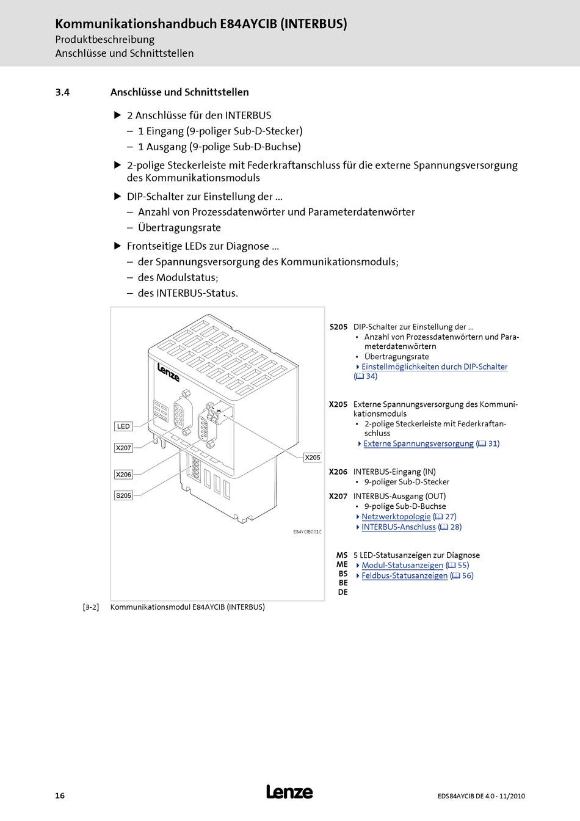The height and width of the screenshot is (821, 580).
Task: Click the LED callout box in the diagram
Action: coord(123,426)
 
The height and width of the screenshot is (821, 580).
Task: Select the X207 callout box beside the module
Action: coord(123,448)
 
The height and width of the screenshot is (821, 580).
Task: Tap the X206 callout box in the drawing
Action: coord(123,475)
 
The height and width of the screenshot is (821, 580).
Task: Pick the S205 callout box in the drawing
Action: coord(123,495)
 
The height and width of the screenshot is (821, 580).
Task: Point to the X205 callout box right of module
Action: coord(313,458)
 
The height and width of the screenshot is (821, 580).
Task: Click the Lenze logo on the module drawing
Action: coord(169,372)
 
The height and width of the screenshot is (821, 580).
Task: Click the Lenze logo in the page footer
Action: coord(289,792)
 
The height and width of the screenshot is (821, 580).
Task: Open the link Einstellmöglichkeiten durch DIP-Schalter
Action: coord(434,367)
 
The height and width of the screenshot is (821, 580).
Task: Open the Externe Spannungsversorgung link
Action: coord(418,443)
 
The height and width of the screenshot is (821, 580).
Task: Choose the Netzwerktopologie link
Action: coord(396,517)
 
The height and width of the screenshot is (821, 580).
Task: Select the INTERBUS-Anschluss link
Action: coord(398,527)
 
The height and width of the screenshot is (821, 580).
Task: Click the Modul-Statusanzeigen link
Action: coord(402,566)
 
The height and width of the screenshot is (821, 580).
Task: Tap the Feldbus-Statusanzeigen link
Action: coord(404,575)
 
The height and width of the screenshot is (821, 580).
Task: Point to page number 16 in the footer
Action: coord(60,795)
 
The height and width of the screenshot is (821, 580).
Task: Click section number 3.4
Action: coord(62,92)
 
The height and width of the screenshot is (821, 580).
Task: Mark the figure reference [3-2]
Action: coord(91,607)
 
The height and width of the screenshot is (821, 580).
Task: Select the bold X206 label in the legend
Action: coord(338,472)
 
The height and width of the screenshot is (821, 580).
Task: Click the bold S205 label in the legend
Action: coord(338,327)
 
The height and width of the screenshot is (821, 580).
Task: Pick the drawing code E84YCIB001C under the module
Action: coord(307,532)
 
